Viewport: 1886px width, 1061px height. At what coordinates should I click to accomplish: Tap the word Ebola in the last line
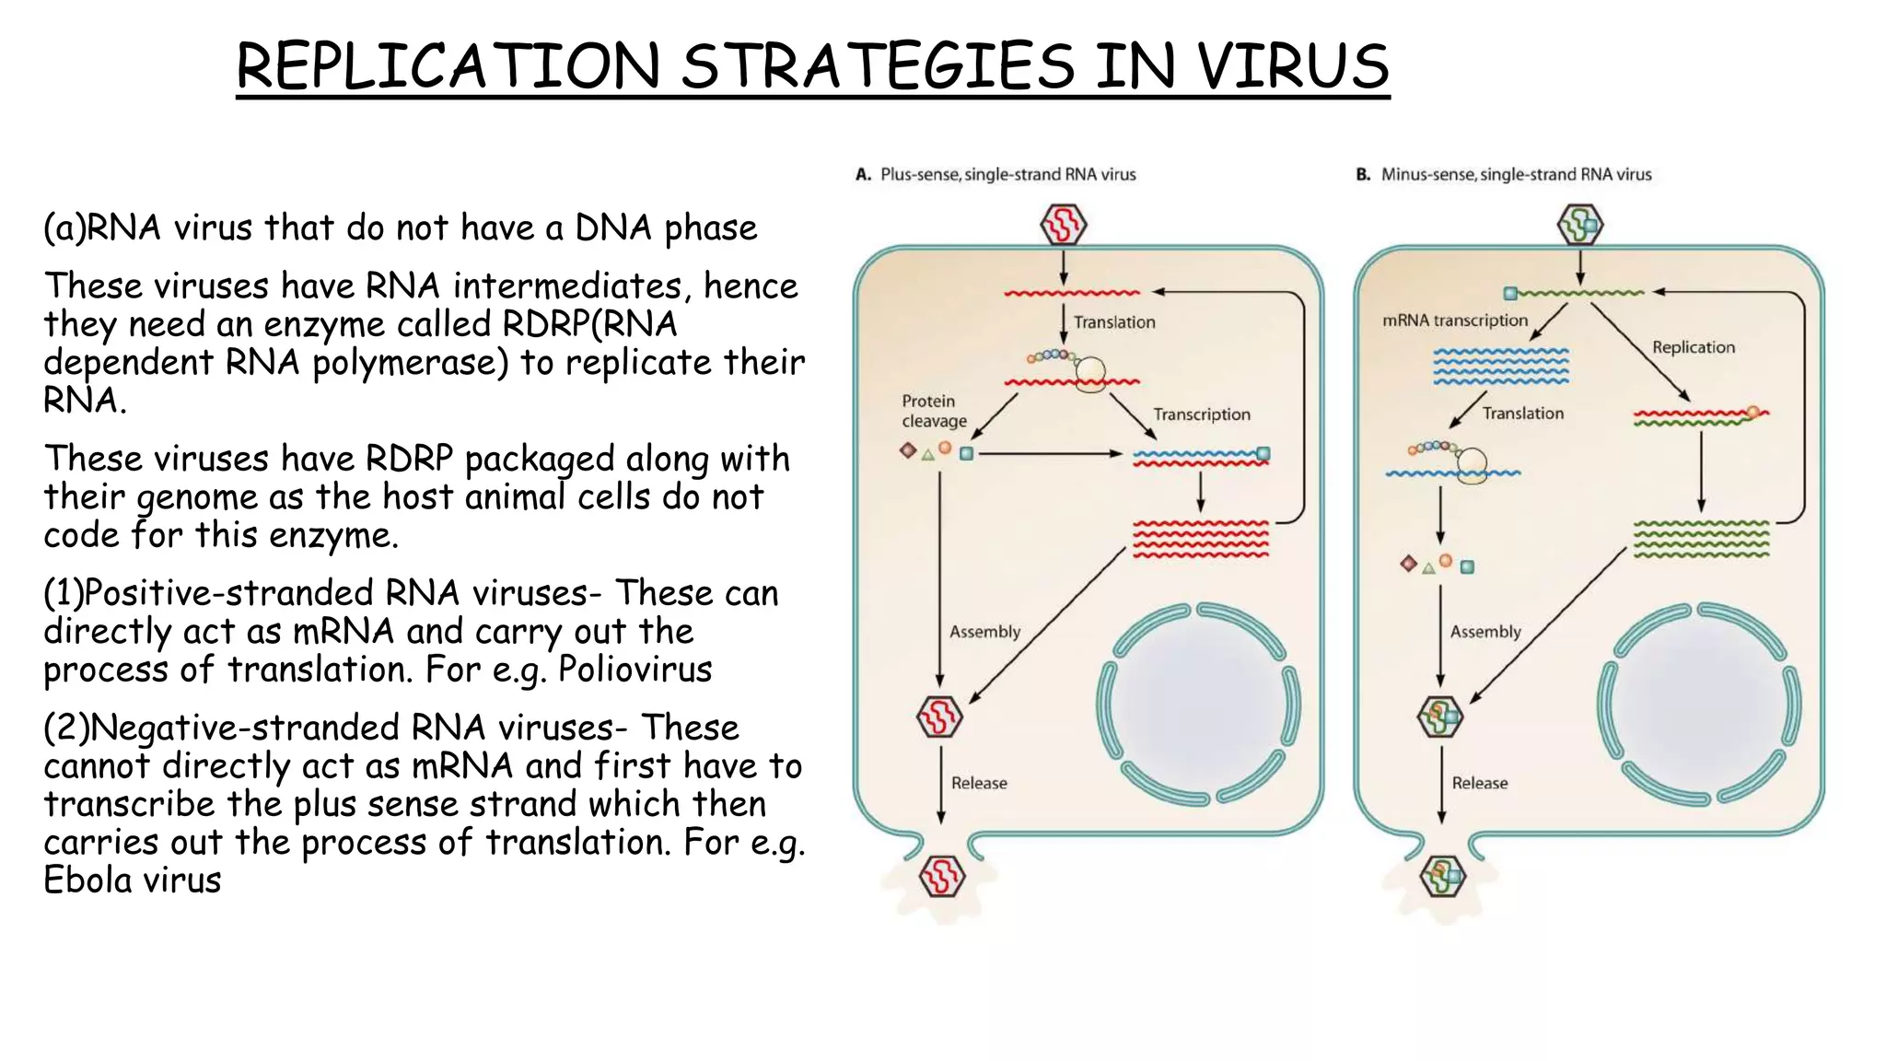[x=88, y=880]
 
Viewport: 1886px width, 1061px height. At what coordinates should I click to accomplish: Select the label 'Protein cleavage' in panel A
[x=934, y=411]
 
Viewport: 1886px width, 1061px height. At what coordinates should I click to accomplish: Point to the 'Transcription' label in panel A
[x=1202, y=414]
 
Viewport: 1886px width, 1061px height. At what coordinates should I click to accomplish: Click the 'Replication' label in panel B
[x=1693, y=347]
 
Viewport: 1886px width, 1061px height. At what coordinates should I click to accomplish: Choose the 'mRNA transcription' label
[x=1455, y=321]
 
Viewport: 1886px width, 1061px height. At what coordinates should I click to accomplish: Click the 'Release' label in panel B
[x=1479, y=783]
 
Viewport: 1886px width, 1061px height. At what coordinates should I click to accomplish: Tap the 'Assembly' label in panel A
[x=984, y=632]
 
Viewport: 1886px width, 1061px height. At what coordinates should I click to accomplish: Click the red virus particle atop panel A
[x=1064, y=225]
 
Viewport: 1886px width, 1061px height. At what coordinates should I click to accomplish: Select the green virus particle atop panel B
[x=1580, y=225]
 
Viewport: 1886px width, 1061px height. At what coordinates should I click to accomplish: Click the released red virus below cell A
[x=941, y=876]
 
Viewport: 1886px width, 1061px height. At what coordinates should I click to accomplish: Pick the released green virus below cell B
[x=1442, y=876]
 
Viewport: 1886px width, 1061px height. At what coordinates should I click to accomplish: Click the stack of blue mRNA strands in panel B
[x=1501, y=366]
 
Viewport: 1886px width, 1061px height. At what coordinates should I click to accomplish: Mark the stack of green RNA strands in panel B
[x=1701, y=539]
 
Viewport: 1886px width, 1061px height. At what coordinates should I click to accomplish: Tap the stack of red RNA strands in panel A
[x=1200, y=539]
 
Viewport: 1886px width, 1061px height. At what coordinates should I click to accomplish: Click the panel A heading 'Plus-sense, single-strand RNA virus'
[x=1007, y=174]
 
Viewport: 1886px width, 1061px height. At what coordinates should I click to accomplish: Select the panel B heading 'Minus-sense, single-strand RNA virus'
[x=1516, y=174]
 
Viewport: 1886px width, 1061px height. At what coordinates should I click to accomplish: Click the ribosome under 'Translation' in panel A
[x=1091, y=373]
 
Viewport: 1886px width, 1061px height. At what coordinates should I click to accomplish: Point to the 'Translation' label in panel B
[x=1522, y=414]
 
